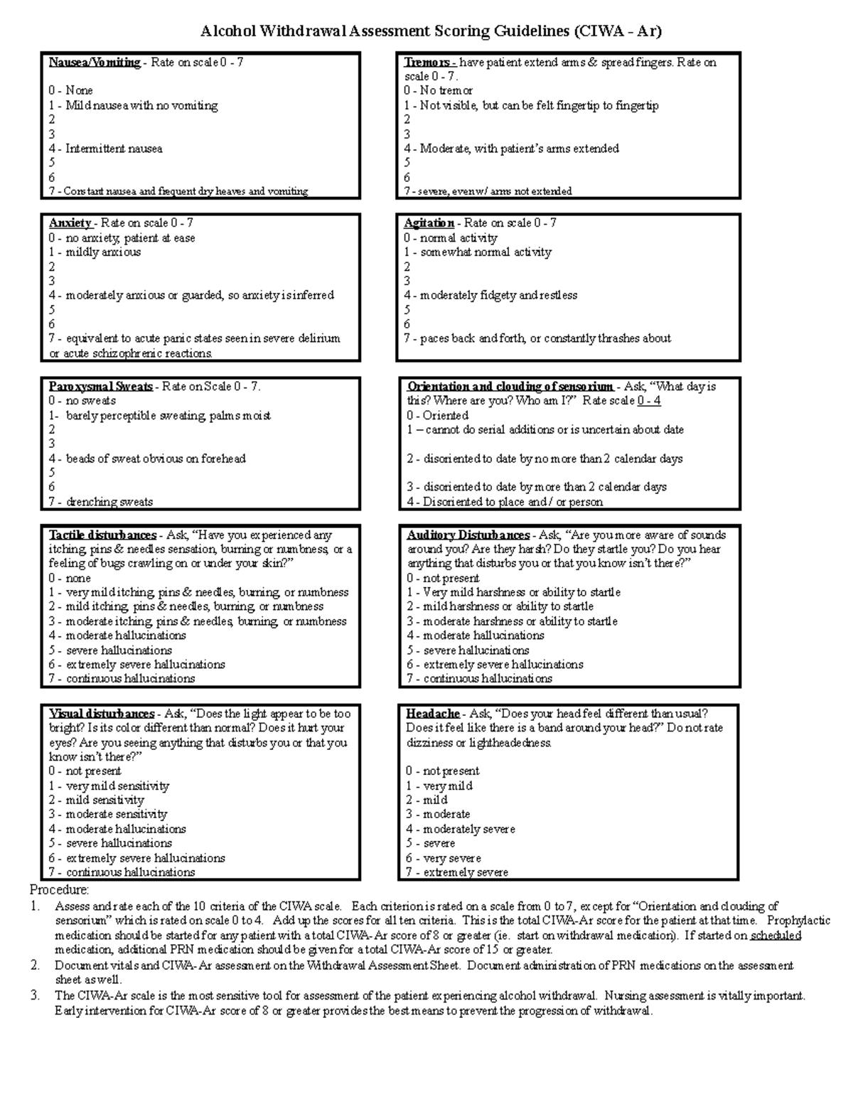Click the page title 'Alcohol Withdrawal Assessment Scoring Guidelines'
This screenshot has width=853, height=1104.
click(x=431, y=31)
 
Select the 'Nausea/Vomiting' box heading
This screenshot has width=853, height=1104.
click(x=95, y=63)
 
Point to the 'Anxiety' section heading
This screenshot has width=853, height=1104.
click(x=70, y=223)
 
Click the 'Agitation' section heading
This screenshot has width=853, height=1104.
click(x=429, y=223)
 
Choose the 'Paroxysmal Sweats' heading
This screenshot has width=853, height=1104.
click(x=100, y=387)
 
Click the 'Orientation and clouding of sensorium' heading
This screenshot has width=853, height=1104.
click(x=510, y=387)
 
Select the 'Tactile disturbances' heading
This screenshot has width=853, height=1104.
click(x=102, y=535)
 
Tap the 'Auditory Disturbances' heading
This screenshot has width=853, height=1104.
click(x=468, y=535)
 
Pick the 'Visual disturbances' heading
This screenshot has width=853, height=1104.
click(x=102, y=714)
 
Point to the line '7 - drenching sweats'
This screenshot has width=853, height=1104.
click(x=101, y=502)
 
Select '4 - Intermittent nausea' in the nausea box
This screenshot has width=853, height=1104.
click(x=105, y=149)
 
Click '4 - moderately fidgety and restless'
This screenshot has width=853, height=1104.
click(x=490, y=295)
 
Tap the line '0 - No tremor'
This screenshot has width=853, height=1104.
click(x=438, y=90)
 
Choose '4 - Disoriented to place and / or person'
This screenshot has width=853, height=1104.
click(x=505, y=502)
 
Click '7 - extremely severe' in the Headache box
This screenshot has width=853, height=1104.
click(x=457, y=872)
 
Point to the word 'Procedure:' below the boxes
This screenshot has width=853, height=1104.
click(x=59, y=890)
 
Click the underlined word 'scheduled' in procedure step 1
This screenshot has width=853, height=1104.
click(x=776, y=936)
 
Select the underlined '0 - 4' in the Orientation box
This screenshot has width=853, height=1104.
click(x=649, y=401)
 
